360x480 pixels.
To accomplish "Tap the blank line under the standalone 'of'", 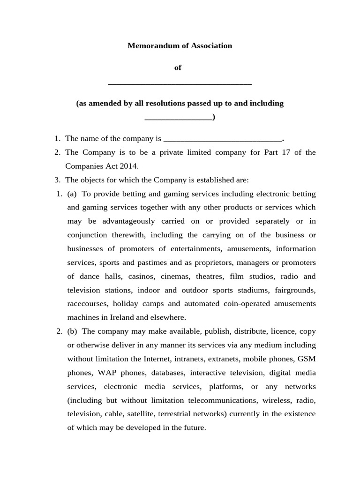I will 180,83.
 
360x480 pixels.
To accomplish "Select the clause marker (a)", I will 72,194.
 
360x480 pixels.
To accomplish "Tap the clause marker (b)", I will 72,331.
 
